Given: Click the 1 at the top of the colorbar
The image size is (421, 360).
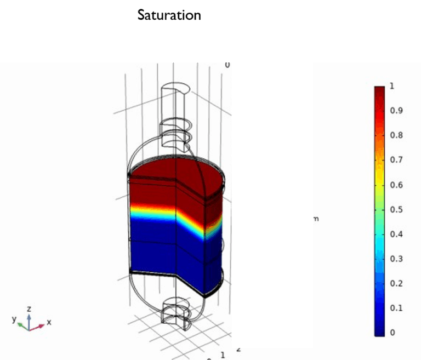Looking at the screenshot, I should [391, 86].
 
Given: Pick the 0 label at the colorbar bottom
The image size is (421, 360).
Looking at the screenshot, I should [391, 333].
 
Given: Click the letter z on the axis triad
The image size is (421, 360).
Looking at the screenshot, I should [29, 309].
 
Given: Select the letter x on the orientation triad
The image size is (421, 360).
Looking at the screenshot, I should [49, 322].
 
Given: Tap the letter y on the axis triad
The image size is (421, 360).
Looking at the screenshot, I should [14, 319].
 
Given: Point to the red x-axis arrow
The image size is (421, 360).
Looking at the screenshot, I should [37, 327].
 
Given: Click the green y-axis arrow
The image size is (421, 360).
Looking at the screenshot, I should [22, 325].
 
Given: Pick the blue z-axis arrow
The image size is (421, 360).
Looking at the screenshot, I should [29, 319].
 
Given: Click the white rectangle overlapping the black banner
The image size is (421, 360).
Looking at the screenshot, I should [272, 39].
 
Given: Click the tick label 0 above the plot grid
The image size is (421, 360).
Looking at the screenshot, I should [227, 65].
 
